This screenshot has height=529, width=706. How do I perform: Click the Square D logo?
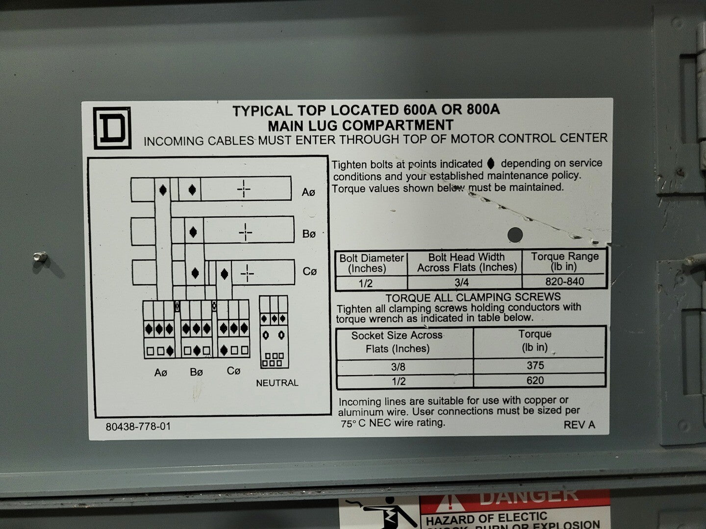pyautogui.click(x=112, y=128)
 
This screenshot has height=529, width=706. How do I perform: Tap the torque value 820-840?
pyautogui.click(x=564, y=281)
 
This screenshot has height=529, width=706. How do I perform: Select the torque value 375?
pyautogui.click(x=535, y=365)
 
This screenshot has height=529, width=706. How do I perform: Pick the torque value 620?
pyautogui.click(x=535, y=380)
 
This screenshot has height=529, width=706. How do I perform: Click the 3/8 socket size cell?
pyautogui.click(x=399, y=366)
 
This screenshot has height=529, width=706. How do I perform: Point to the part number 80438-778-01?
pyautogui.click(x=138, y=427)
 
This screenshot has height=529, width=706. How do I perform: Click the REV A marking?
pyautogui.click(x=580, y=425)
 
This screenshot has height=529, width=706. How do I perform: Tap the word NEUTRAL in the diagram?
pyautogui.click(x=277, y=383)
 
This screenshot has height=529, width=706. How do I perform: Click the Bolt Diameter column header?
pyautogui.click(x=372, y=263)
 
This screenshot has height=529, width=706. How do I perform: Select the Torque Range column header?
pyautogui.click(x=564, y=262)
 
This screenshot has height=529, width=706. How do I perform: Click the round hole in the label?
pyautogui.click(x=515, y=235)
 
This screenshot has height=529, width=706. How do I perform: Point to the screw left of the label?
pyautogui.click(x=40, y=257)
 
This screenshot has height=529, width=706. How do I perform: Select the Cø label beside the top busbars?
pyautogui.click(x=309, y=271)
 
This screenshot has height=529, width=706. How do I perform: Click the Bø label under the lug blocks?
pyautogui.click(x=196, y=372)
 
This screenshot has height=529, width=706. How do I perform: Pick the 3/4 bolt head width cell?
pyautogui.click(x=461, y=282)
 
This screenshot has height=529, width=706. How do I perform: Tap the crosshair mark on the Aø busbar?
pyautogui.click(x=244, y=189)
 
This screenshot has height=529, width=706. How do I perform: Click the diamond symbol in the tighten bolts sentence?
pyautogui.click(x=490, y=164)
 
